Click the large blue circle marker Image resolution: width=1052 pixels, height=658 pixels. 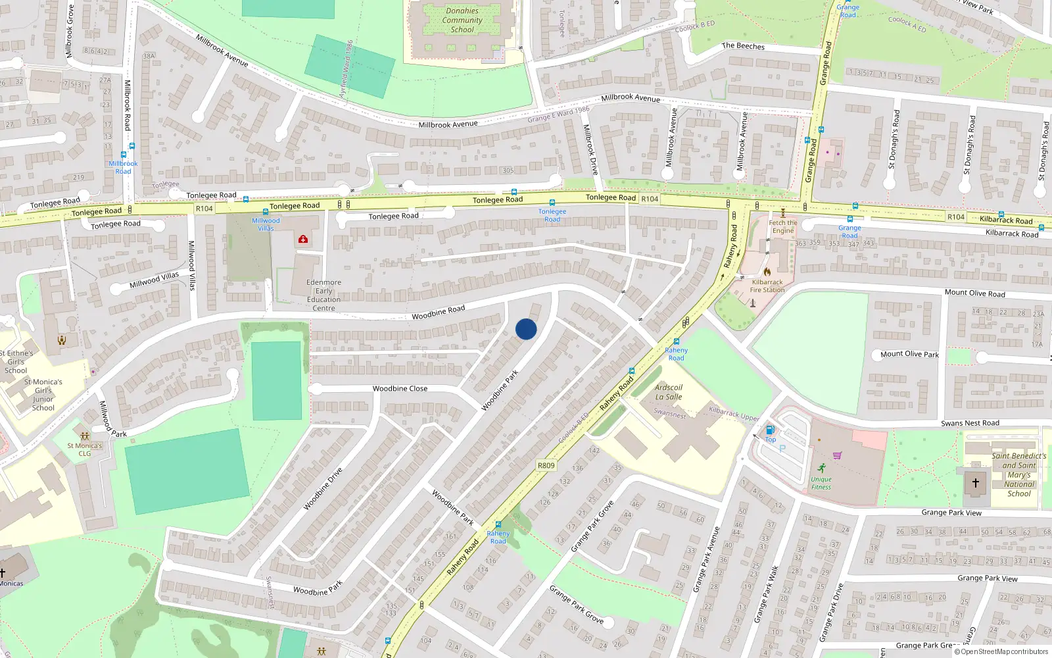tap(526, 329)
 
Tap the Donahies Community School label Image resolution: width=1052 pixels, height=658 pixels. tap(462, 20)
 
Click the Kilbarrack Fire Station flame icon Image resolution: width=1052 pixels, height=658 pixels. tap(767, 271)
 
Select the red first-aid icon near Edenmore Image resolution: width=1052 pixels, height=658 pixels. tap(303, 240)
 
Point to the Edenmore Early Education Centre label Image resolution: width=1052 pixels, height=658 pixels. tap(323, 295)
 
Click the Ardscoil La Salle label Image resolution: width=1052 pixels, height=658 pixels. tap(669, 392)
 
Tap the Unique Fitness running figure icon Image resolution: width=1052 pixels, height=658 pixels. tap(821, 468)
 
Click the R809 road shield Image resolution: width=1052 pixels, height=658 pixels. tap(546, 465)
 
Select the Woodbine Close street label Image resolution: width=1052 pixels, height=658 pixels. tap(400, 389)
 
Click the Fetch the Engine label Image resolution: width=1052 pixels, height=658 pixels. tap(782, 226)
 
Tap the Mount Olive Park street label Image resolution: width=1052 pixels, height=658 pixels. tap(909, 354)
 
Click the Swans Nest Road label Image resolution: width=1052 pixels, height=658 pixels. tap(970, 423)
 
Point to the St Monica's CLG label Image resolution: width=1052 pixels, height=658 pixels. tap(85, 449)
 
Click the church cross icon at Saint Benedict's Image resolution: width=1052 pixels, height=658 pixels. tap(976, 482)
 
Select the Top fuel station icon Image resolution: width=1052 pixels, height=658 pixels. tap(770, 430)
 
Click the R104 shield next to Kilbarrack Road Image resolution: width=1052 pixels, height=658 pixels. tap(956, 217)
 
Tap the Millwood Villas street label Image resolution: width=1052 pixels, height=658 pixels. tap(154, 280)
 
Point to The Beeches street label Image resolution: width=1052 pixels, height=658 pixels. tap(743, 46)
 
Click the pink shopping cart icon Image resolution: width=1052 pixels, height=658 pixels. tap(837, 455)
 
